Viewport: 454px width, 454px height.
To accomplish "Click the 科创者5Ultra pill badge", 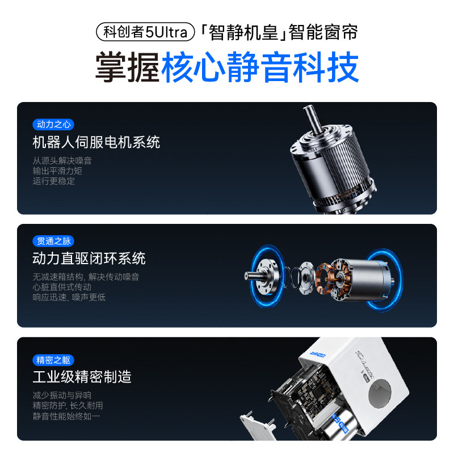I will [x=146, y=31].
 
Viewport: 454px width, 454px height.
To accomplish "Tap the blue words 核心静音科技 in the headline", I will [x=260, y=68].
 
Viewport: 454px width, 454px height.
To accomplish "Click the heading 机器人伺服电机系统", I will [x=96, y=142].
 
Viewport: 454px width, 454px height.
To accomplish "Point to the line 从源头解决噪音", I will [x=62, y=160].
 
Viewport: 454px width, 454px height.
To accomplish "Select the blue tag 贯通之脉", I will [x=53, y=241].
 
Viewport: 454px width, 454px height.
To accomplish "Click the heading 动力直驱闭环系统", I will [x=89, y=258].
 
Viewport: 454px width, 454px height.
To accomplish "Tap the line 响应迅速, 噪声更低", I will [x=69, y=297].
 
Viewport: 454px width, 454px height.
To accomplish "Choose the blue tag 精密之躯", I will [x=53, y=360].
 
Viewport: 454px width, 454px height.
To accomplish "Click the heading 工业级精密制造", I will [x=82, y=377].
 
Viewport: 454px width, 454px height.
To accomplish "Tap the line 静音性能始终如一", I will [x=67, y=416].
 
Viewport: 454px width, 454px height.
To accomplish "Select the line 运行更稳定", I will [x=53, y=181].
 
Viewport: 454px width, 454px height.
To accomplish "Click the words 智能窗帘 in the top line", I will [x=324, y=31].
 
